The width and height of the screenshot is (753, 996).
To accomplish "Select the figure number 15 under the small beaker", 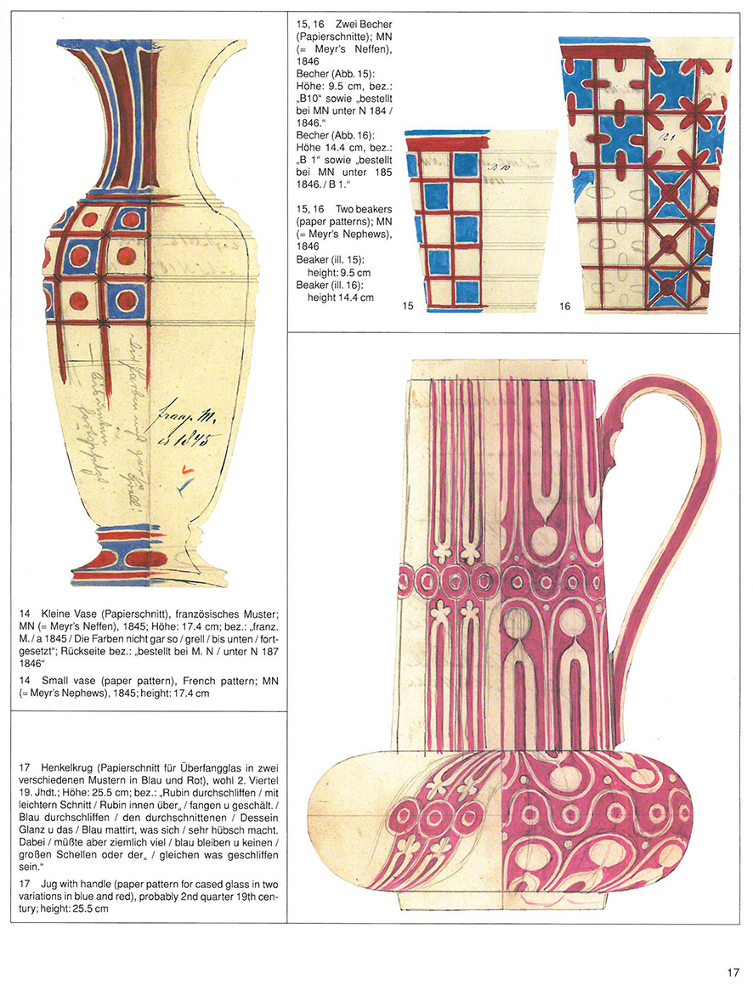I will [409, 307].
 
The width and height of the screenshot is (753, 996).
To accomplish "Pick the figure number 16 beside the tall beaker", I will [565, 307].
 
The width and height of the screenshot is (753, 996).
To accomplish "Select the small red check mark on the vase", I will [186, 468].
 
